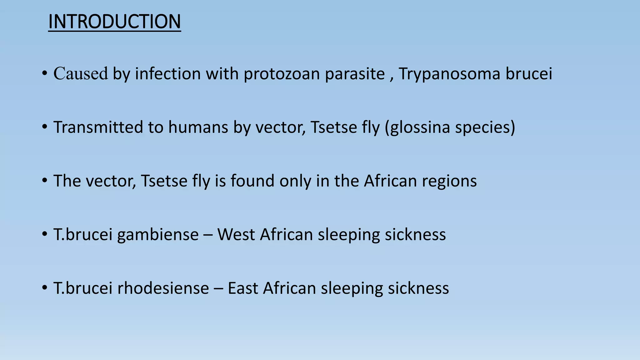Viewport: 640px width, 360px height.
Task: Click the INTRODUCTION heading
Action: [x=114, y=22]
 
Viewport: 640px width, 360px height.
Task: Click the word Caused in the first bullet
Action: [x=81, y=74]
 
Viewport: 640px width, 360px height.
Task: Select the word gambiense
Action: [x=158, y=235]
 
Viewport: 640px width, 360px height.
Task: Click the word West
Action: [x=236, y=235]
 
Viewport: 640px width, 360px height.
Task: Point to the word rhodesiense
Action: [x=163, y=288]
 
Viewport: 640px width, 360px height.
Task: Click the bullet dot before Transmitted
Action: [x=44, y=127]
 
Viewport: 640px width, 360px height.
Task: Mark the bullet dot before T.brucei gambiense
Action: [x=44, y=234]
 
